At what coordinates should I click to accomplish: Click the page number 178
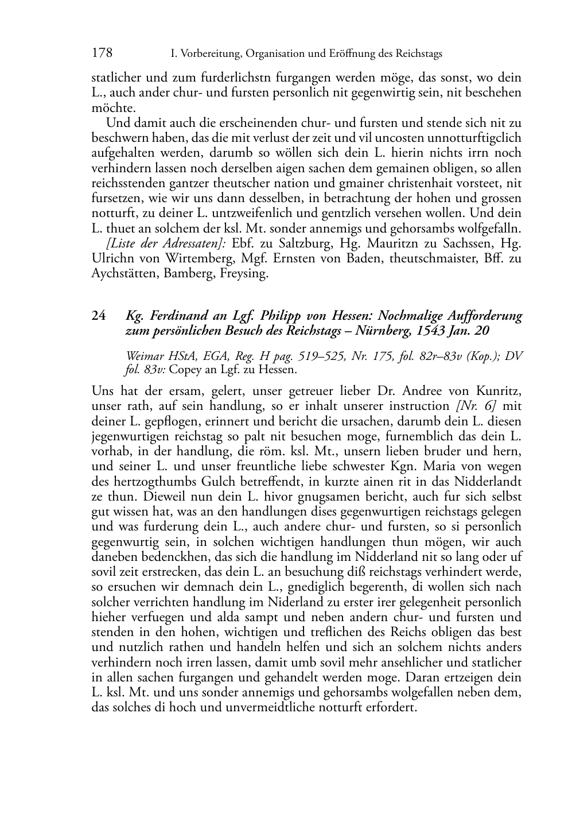(102, 53)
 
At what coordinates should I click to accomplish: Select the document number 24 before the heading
(98, 316)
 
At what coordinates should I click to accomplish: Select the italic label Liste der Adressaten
(166, 243)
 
